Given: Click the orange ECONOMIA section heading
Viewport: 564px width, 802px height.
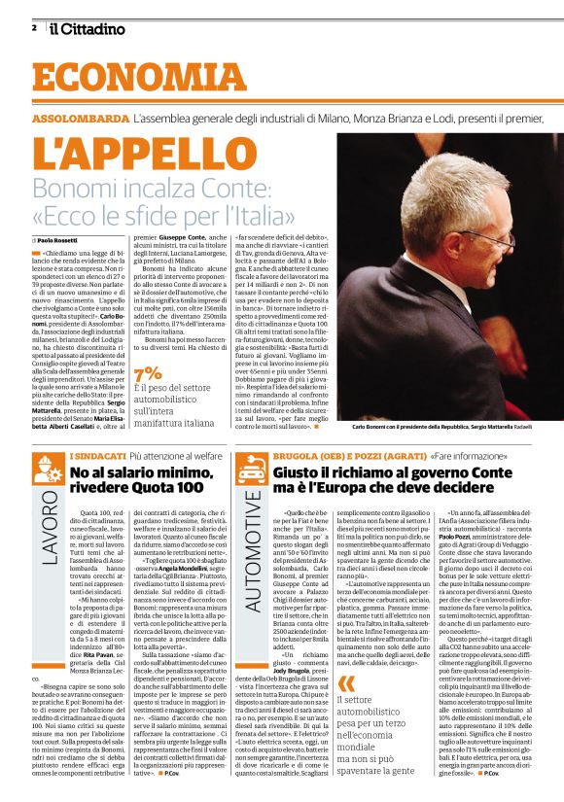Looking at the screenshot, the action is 122,79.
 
